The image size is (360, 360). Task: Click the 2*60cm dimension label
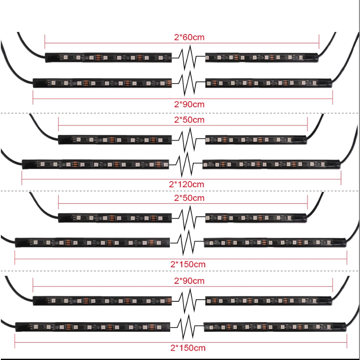pyautogui.click(x=189, y=37)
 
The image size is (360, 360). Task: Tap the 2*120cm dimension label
pyautogui.click(x=186, y=184)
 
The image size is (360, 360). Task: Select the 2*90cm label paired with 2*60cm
pyautogui.click(x=189, y=104)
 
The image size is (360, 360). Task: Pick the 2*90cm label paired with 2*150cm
pyautogui.click(x=189, y=281)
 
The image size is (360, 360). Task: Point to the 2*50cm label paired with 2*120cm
pyautogui.click(x=189, y=120)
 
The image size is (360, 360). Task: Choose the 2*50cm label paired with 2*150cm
pyautogui.click(x=189, y=198)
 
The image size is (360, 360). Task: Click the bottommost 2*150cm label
pyautogui.click(x=188, y=348)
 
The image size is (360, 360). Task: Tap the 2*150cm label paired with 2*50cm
pyautogui.click(x=188, y=264)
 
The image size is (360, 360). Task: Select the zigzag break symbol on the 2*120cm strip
pyautogui.click(x=186, y=164)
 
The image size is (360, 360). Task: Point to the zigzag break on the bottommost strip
pyautogui.click(x=187, y=327)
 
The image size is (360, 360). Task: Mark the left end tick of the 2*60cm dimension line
pyautogui.click(x=45, y=42)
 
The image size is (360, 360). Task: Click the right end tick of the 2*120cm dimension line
pyautogui.click(x=341, y=178)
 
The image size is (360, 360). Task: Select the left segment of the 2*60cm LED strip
pyautogui.click(x=108, y=57)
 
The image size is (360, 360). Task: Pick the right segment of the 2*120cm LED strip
pyautogui.click(x=271, y=164)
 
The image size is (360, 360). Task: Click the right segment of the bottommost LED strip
pyautogui.click(x=275, y=327)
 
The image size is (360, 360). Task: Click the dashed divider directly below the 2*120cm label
pyautogui.click(x=180, y=191)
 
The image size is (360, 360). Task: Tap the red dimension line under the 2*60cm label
pyautogui.click(x=182, y=43)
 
